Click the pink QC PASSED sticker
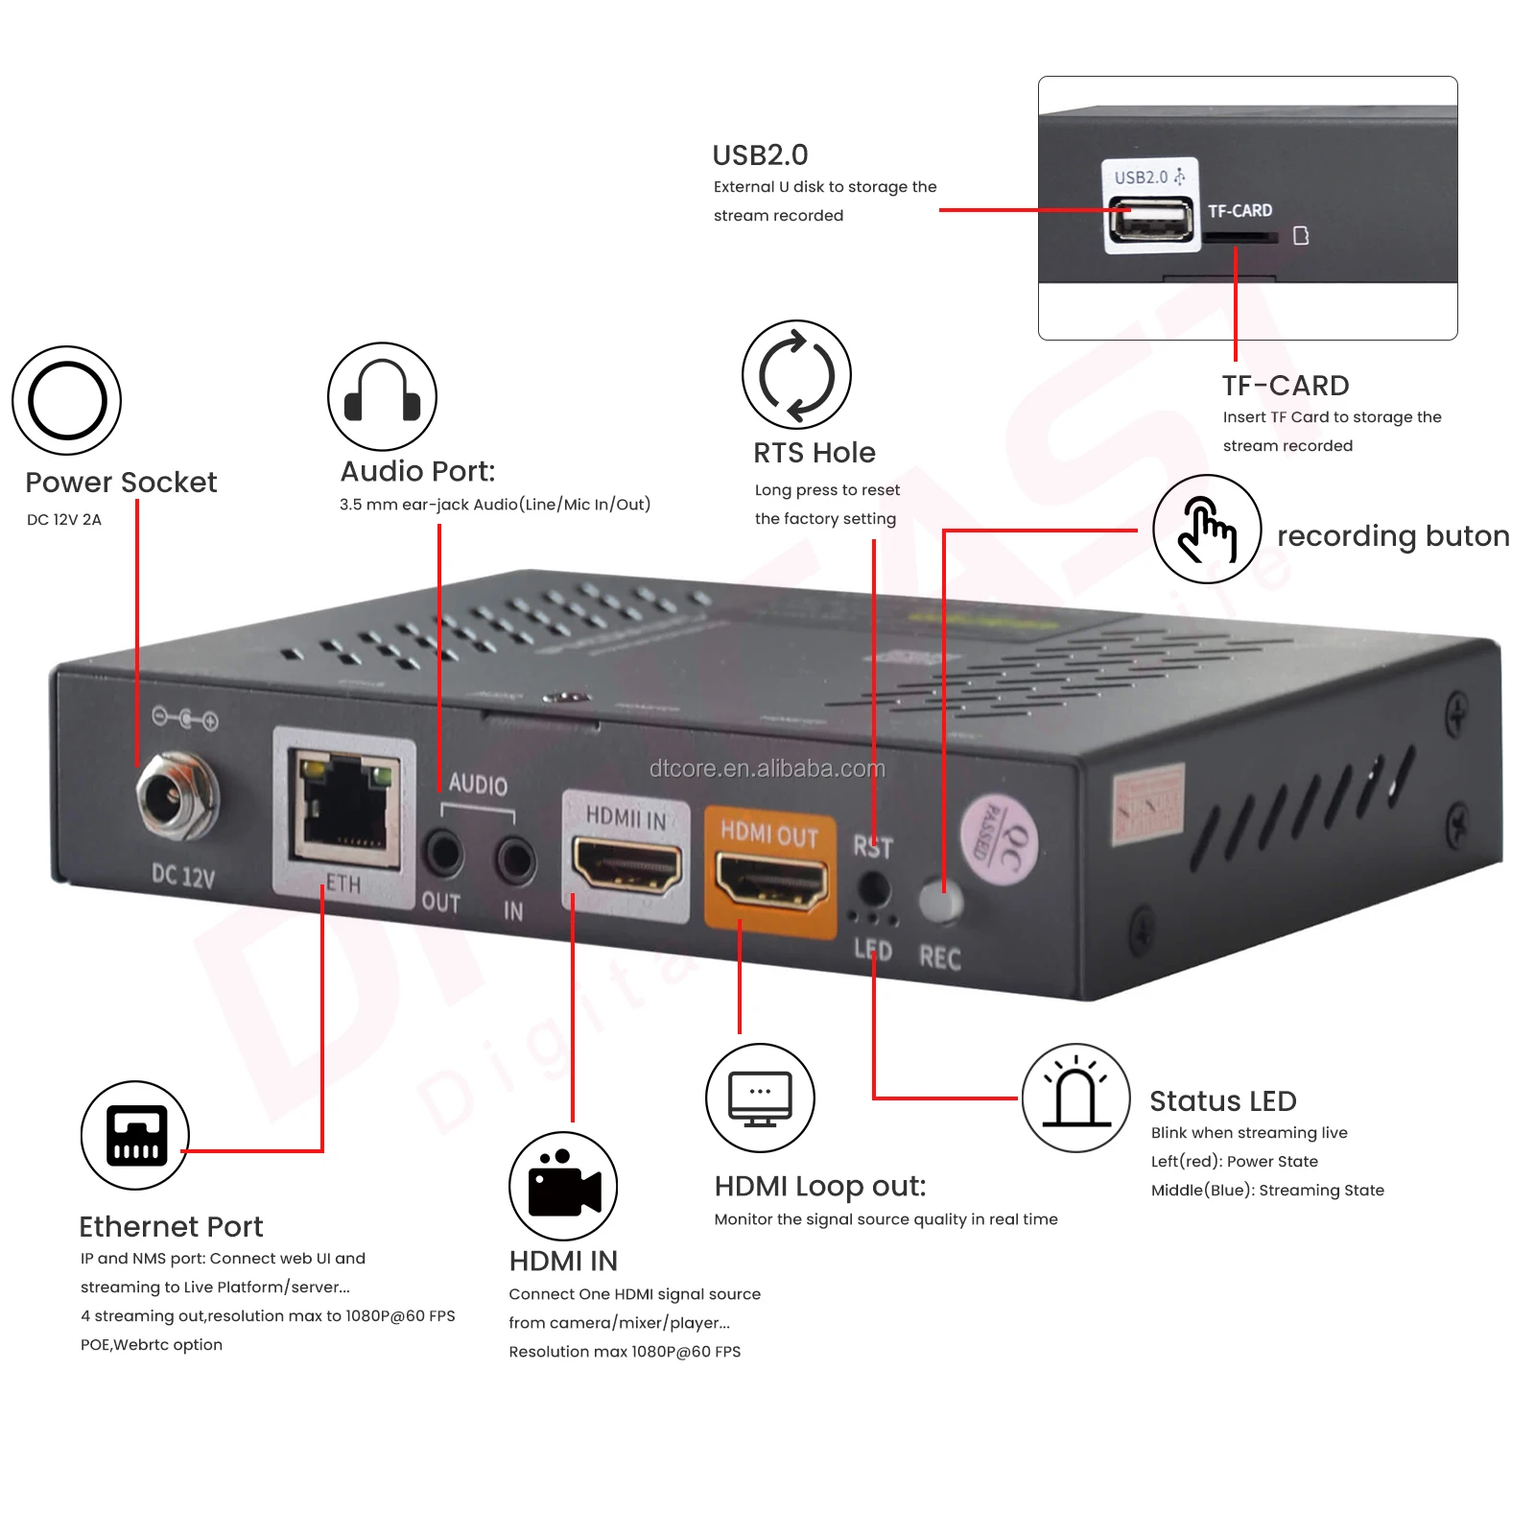pos(1000,840)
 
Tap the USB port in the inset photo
pos(1150,222)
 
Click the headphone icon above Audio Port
pos(382,396)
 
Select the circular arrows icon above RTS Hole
pos(796,375)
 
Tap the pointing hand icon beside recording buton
pos(1206,529)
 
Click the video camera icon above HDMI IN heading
pos(563,1186)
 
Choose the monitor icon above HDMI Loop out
pos(760,1098)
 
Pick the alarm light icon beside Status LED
pos(1075,1098)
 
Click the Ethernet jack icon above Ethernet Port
pos(135,1135)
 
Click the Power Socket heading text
pos(121,482)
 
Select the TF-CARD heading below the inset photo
pos(1285,386)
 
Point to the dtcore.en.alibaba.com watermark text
pos(767,768)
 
